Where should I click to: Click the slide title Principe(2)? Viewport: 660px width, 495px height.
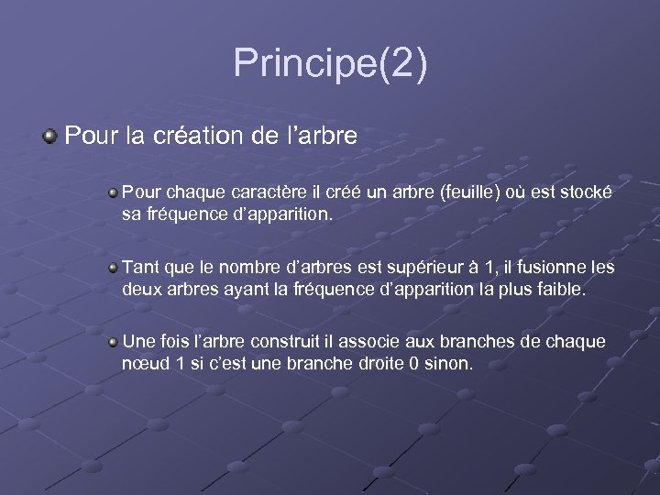tap(330, 64)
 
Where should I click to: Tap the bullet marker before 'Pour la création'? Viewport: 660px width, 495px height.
tap(49, 137)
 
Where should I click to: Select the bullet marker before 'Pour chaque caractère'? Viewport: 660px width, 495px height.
tap(113, 192)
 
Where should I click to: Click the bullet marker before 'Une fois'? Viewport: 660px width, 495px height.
tap(113, 341)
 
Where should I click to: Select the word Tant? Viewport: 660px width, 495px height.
tap(139, 268)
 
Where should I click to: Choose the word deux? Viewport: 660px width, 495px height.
tap(141, 290)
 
